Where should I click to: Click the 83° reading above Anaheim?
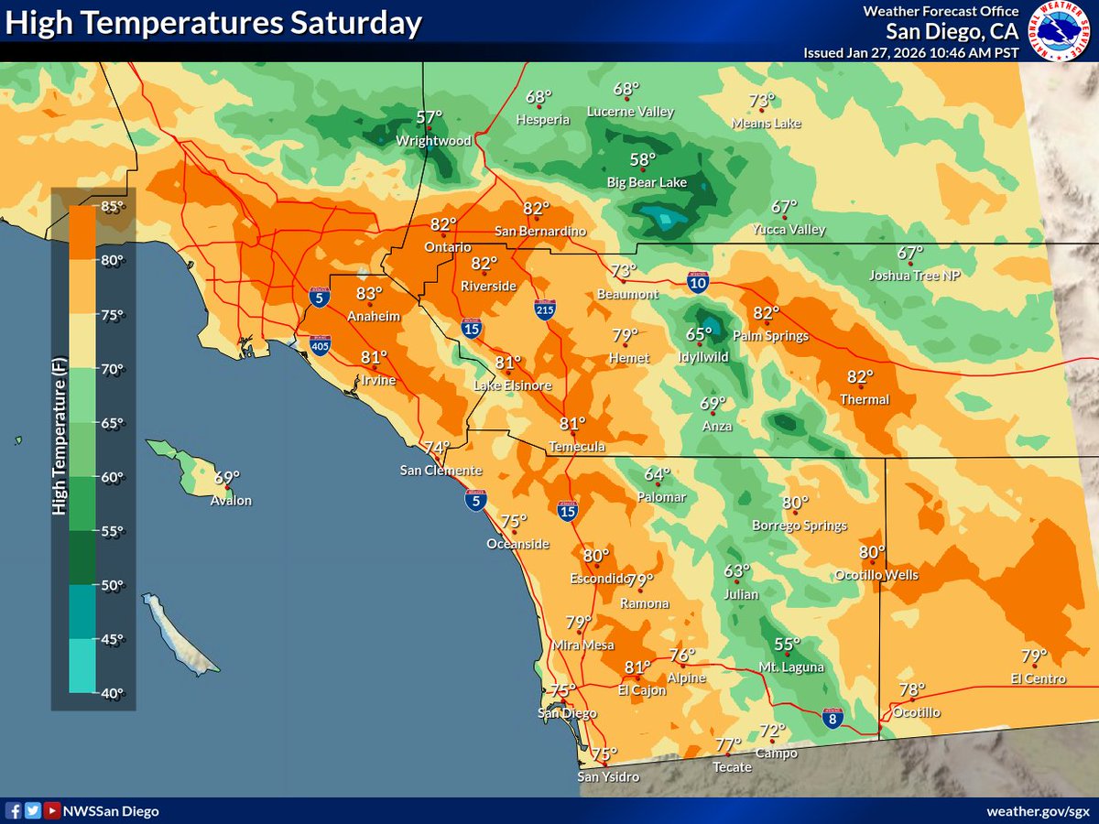point(369,294)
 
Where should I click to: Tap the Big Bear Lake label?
point(647,183)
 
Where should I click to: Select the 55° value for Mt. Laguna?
point(787,645)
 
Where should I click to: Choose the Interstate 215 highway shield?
point(545,309)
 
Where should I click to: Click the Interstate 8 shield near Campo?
point(832,719)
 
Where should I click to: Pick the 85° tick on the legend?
point(112,206)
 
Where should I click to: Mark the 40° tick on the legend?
point(112,693)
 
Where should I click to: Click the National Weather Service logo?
point(1059,31)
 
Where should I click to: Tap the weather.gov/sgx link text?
point(1038,811)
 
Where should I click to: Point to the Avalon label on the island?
point(232,501)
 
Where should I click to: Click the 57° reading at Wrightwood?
point(429,117)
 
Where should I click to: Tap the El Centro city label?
point(1039,678)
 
